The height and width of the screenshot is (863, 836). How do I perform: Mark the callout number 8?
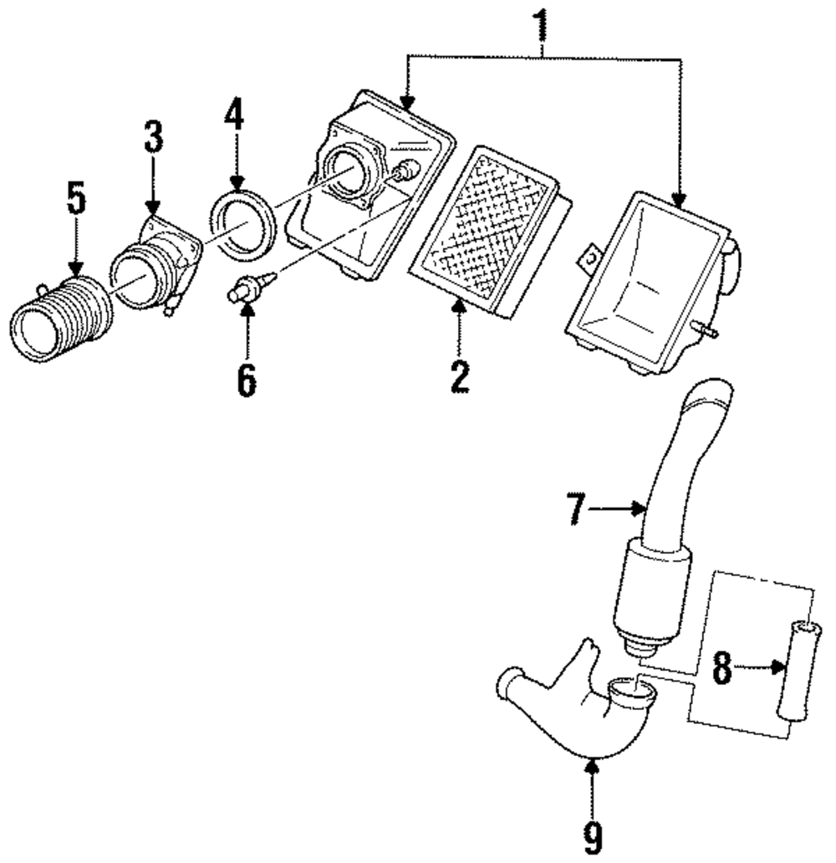pos(721,667)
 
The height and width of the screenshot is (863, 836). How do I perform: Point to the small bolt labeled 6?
pos(244,289)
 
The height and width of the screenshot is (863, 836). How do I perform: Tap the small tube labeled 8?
pos(798,668)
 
